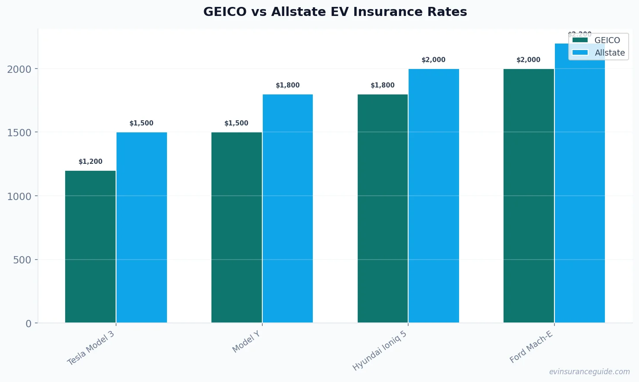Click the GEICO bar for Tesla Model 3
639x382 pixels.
[x=90, y=247]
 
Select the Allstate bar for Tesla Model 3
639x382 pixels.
[x=142, y=227]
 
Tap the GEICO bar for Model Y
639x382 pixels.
[x=236, y=227]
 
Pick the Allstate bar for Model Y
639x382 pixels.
[x=288, y=208]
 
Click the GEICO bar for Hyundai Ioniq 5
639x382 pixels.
[x=383, y=208]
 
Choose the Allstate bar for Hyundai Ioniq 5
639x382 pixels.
[x=434, y=196]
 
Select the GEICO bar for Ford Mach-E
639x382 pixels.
[x=529, y=196]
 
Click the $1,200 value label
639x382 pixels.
[x=91, y=162]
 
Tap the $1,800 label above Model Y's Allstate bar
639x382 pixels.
[x=288, y=85]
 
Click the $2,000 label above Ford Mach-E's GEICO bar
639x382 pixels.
[x=529, y=60]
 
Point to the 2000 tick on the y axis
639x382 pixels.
[x=19, y=69]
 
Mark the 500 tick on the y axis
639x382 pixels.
[x=22, y=260]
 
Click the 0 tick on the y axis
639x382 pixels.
[x=28, y=323]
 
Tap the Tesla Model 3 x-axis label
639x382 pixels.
[x=91, y=348]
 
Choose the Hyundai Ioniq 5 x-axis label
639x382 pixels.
[x=380, y=351]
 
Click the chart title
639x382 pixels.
[x=335, y=12]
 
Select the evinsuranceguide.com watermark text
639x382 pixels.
[x=589, y=372]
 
